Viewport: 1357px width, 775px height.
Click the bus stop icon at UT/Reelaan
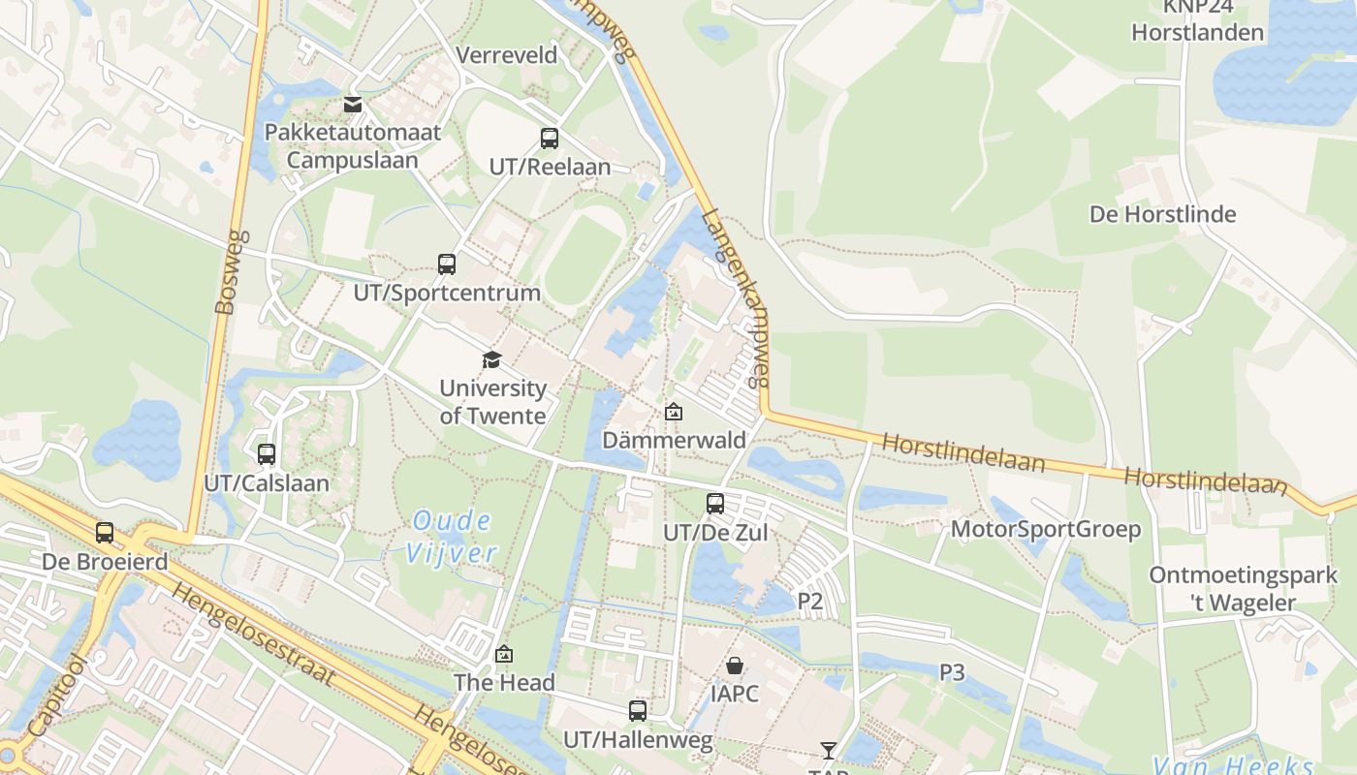tap(550, 139)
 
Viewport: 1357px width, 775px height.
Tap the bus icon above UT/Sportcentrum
tap(447, 264)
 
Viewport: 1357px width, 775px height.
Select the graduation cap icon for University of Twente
tap(492, 360)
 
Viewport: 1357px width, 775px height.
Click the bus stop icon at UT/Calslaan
tap(267, 453)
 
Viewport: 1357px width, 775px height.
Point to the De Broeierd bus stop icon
tap(105, 533)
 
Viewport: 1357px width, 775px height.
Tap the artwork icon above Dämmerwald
tap(674, 413)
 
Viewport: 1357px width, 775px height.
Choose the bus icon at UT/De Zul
tap(715, 504)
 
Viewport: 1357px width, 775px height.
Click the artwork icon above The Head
tap(504, 655)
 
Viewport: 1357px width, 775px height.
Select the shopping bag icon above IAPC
tap(735, 666)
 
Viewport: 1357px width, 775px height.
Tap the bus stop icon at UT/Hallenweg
tap(638, 711)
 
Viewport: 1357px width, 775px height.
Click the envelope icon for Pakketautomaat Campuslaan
tap(353, 105)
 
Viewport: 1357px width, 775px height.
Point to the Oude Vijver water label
tap(451, 537)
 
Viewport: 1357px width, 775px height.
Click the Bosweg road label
tap(226, 272)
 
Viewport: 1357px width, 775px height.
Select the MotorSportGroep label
tap(1046, 530)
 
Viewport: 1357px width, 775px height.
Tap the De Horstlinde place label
tap(1163, 214)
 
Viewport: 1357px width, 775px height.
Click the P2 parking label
tap(810, 602)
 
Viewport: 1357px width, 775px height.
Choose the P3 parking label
tap(952, 671)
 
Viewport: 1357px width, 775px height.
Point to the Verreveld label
tap(507, 55)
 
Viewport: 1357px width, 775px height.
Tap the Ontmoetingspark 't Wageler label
tap(1244, 589)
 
